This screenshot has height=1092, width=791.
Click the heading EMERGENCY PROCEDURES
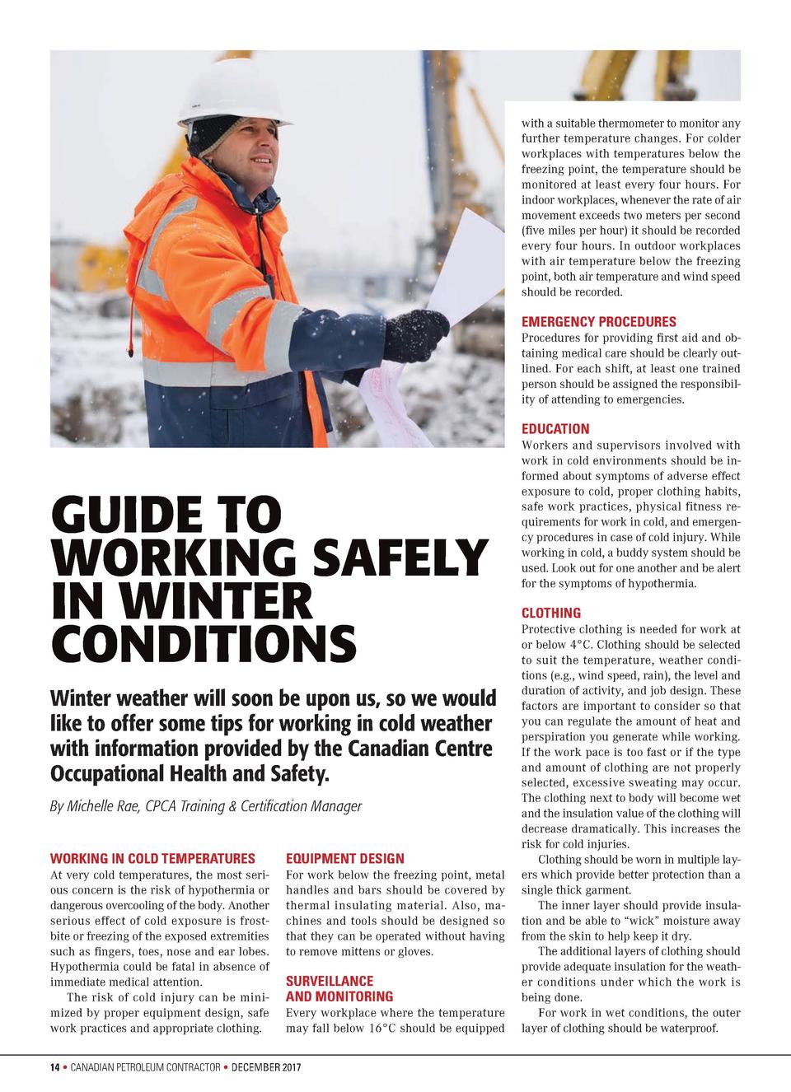pyautogui.click(x=598, y=321)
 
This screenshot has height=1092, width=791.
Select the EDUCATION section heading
pyautogui.click(x=555, y=428)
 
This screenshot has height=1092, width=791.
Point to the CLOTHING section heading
pyautogui.click(x=551, y=613)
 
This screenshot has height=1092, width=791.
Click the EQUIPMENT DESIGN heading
pyautogui.click(x=344, y=858)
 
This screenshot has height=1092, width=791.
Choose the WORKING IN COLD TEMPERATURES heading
pyautogui.click(x=152, y=858)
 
